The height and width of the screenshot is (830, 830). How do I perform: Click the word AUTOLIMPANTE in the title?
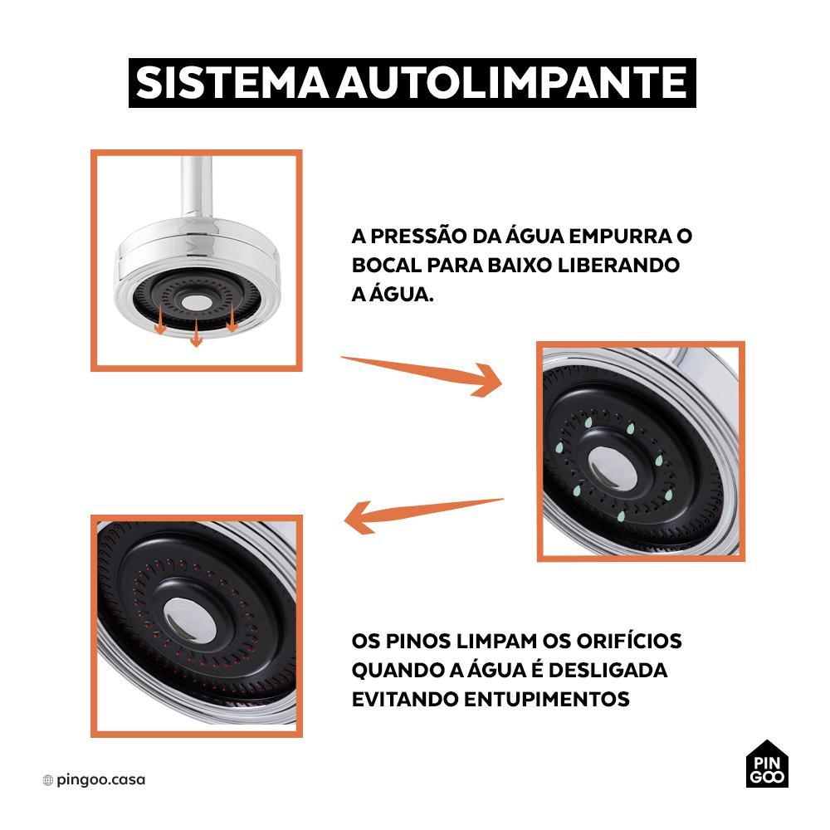point(512,83)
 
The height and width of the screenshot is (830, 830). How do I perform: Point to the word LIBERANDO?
point(619,265)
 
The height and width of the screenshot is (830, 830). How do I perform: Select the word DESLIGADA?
point(608,670)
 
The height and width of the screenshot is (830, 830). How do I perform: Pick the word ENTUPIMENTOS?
point(547,699)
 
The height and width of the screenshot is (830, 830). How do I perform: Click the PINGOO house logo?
point(766,764)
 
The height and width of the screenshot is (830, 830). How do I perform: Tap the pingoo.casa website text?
point(100,779)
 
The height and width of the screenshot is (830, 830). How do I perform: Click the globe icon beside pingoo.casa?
point(47,780)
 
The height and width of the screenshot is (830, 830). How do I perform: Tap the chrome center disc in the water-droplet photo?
point(613,468)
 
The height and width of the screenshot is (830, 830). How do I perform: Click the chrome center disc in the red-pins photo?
point(189,620)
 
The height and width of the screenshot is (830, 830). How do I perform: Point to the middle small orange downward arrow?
point(197,332)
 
